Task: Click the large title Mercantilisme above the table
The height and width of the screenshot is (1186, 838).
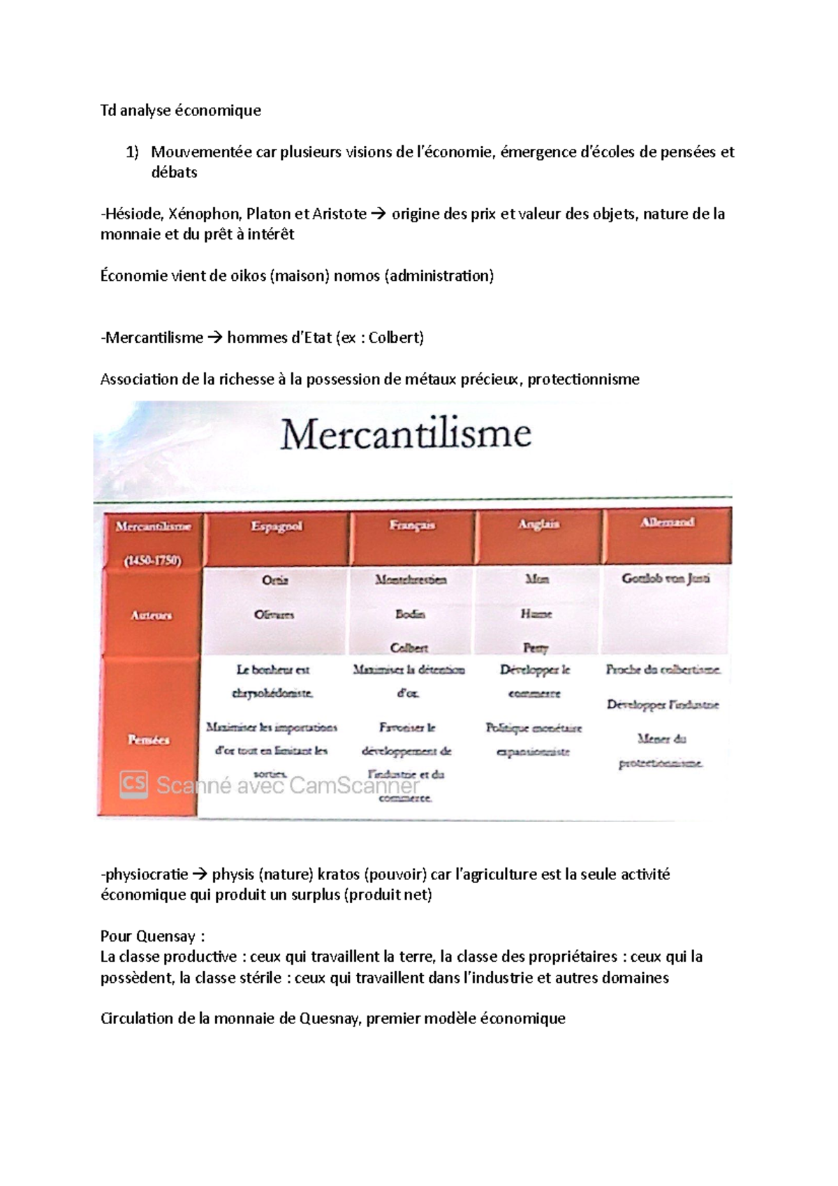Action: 406,434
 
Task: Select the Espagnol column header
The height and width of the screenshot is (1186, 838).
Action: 277,526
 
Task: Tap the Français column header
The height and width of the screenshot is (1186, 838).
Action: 413,525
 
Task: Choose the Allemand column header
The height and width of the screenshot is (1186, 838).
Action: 668,522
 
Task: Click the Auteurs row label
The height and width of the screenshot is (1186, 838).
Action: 151,615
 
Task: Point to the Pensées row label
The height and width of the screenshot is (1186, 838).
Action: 149,740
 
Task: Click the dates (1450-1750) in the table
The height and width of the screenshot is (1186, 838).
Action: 152,560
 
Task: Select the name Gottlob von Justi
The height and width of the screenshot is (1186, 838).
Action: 666,578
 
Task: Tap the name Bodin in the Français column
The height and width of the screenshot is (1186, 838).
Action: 410,614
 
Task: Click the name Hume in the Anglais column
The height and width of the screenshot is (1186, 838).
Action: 536,614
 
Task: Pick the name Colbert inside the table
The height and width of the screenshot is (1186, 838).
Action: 409,647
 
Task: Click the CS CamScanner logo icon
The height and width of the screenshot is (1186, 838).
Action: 133,784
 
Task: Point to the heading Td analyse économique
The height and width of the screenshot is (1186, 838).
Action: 181,110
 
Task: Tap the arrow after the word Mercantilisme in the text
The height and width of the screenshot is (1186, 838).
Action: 215,338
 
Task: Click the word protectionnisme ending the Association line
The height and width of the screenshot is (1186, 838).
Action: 583,379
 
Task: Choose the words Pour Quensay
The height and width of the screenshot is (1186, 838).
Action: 152,936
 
